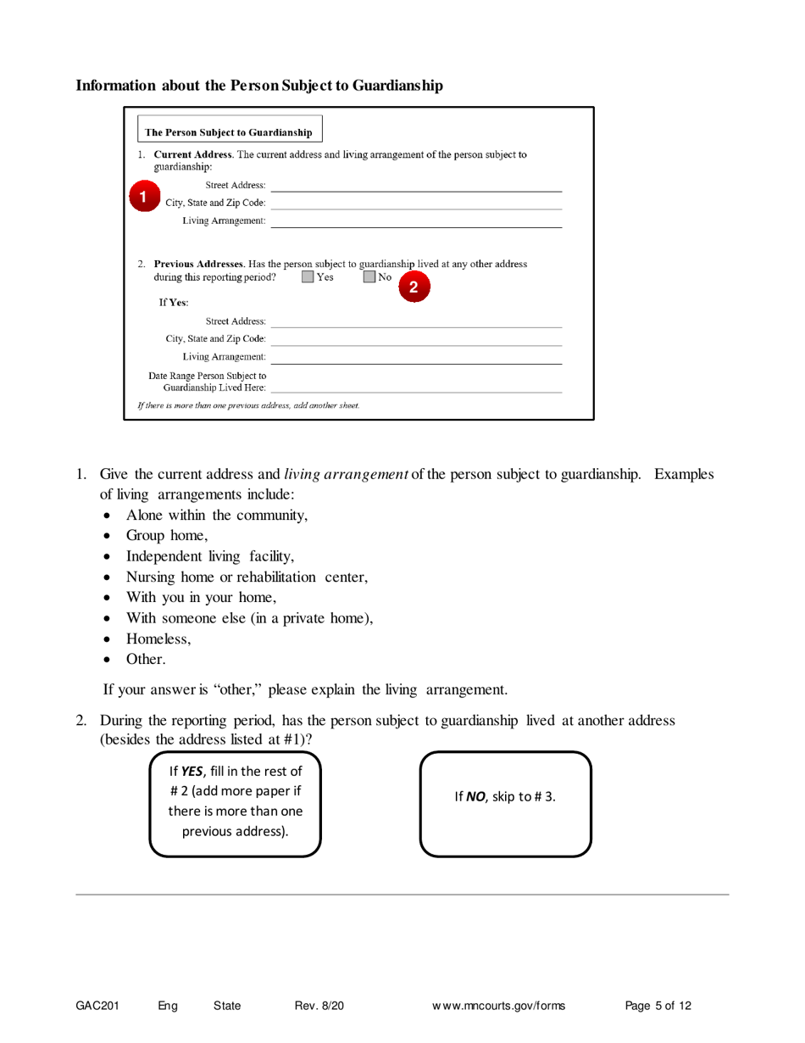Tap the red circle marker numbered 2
coord(413,287)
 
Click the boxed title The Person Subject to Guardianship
coord(229,132)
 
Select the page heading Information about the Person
coord(259,86)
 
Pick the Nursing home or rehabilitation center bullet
coord(247,577)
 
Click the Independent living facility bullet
coord(210,556)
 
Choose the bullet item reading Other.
coord(146,659)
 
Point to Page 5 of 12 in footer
coord(658,1007)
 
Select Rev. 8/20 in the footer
coord(319,1007)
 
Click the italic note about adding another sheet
coord(249,405)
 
